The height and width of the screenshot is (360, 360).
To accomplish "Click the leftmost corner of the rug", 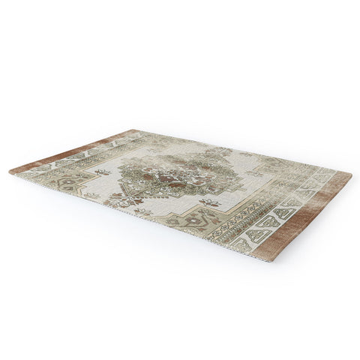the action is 10,171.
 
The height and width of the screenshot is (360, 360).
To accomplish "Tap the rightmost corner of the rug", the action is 350,174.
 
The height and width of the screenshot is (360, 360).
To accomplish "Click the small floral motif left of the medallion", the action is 103,172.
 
